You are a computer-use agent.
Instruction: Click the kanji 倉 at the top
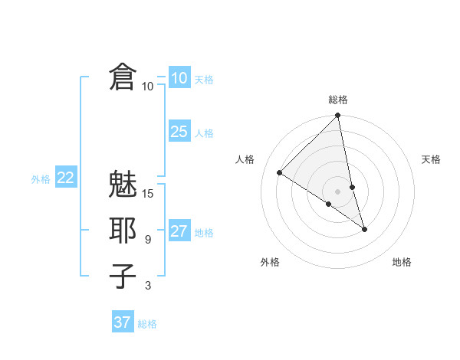click(123, 78)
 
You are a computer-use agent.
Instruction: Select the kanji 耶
click(123, 231)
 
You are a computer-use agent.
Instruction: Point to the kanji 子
click(123, 276)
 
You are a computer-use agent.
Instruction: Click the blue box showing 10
click(179, 77)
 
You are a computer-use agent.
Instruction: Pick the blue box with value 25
click(179, 132)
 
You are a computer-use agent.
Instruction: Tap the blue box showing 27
click(179, 231)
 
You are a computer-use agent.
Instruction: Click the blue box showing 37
click(123, 322)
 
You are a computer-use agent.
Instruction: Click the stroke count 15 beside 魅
click(149, 194)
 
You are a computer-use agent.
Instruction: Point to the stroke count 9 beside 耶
click(148, 240)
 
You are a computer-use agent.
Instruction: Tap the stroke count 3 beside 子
click(148, 286)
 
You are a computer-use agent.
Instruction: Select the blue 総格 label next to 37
click(147, 324)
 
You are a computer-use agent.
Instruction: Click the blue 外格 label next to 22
click(41, 179)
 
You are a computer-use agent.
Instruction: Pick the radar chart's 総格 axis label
click(338, 100)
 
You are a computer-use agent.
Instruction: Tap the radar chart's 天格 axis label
click(432, 159)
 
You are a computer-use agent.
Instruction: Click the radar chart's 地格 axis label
click(402, 262)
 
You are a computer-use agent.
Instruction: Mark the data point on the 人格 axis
click(280, 173)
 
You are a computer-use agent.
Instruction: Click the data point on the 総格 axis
click(338, 116)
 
